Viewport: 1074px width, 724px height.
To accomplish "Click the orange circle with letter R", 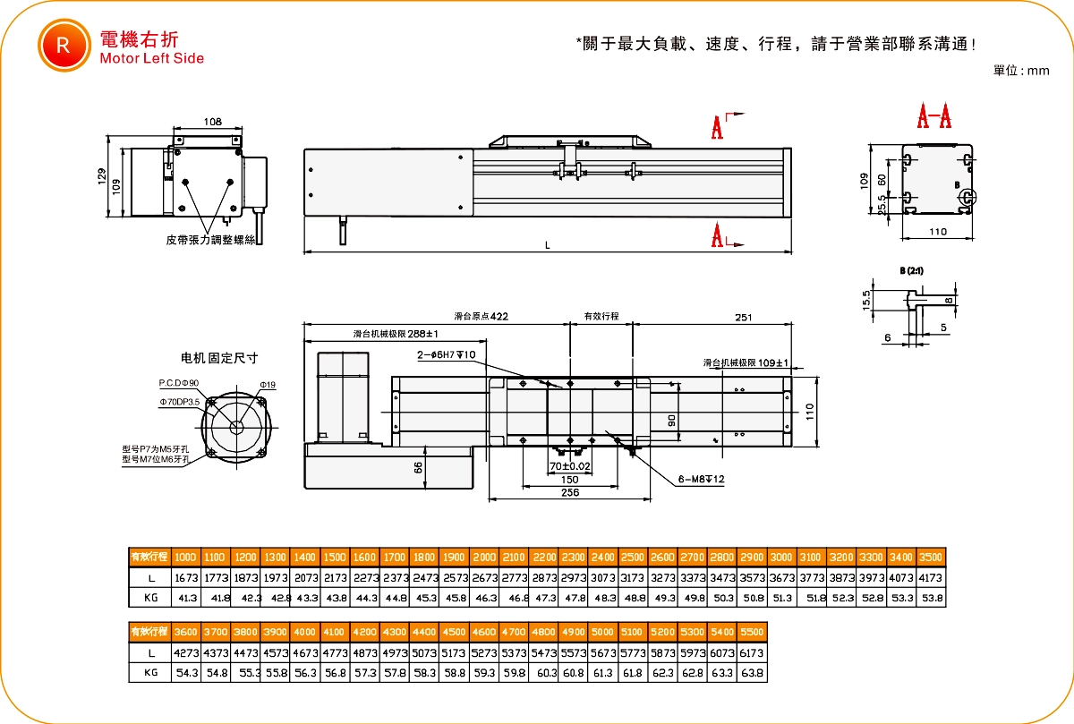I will click(x=61, y=46).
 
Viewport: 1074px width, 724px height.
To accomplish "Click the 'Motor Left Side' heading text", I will click(x=152, y=59).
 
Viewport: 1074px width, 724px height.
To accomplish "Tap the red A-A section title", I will click(x=934, y=116).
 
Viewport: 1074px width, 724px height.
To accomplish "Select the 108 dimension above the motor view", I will click(x=213, y=122).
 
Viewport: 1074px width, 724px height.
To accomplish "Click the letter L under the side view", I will click(x=547, y=245).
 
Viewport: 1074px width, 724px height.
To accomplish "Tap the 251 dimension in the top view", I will click(x=742, y=317).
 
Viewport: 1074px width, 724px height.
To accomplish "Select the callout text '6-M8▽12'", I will click(x=701, y=480).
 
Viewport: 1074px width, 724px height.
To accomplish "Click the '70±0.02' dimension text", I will click(x=570, y=466).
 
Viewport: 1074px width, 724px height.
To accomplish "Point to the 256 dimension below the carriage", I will click(x=569, y=492).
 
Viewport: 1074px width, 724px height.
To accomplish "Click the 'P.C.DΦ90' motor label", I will click(x=179, y=382).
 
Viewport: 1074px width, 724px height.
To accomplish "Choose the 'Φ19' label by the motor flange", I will click(x=268, y=385).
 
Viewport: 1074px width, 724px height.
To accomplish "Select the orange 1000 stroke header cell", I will click(x=185, y=556).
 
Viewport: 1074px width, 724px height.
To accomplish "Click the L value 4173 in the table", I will click(x=931, y=577).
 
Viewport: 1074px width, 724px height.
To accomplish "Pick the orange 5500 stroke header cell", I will click(x=753, y=631).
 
